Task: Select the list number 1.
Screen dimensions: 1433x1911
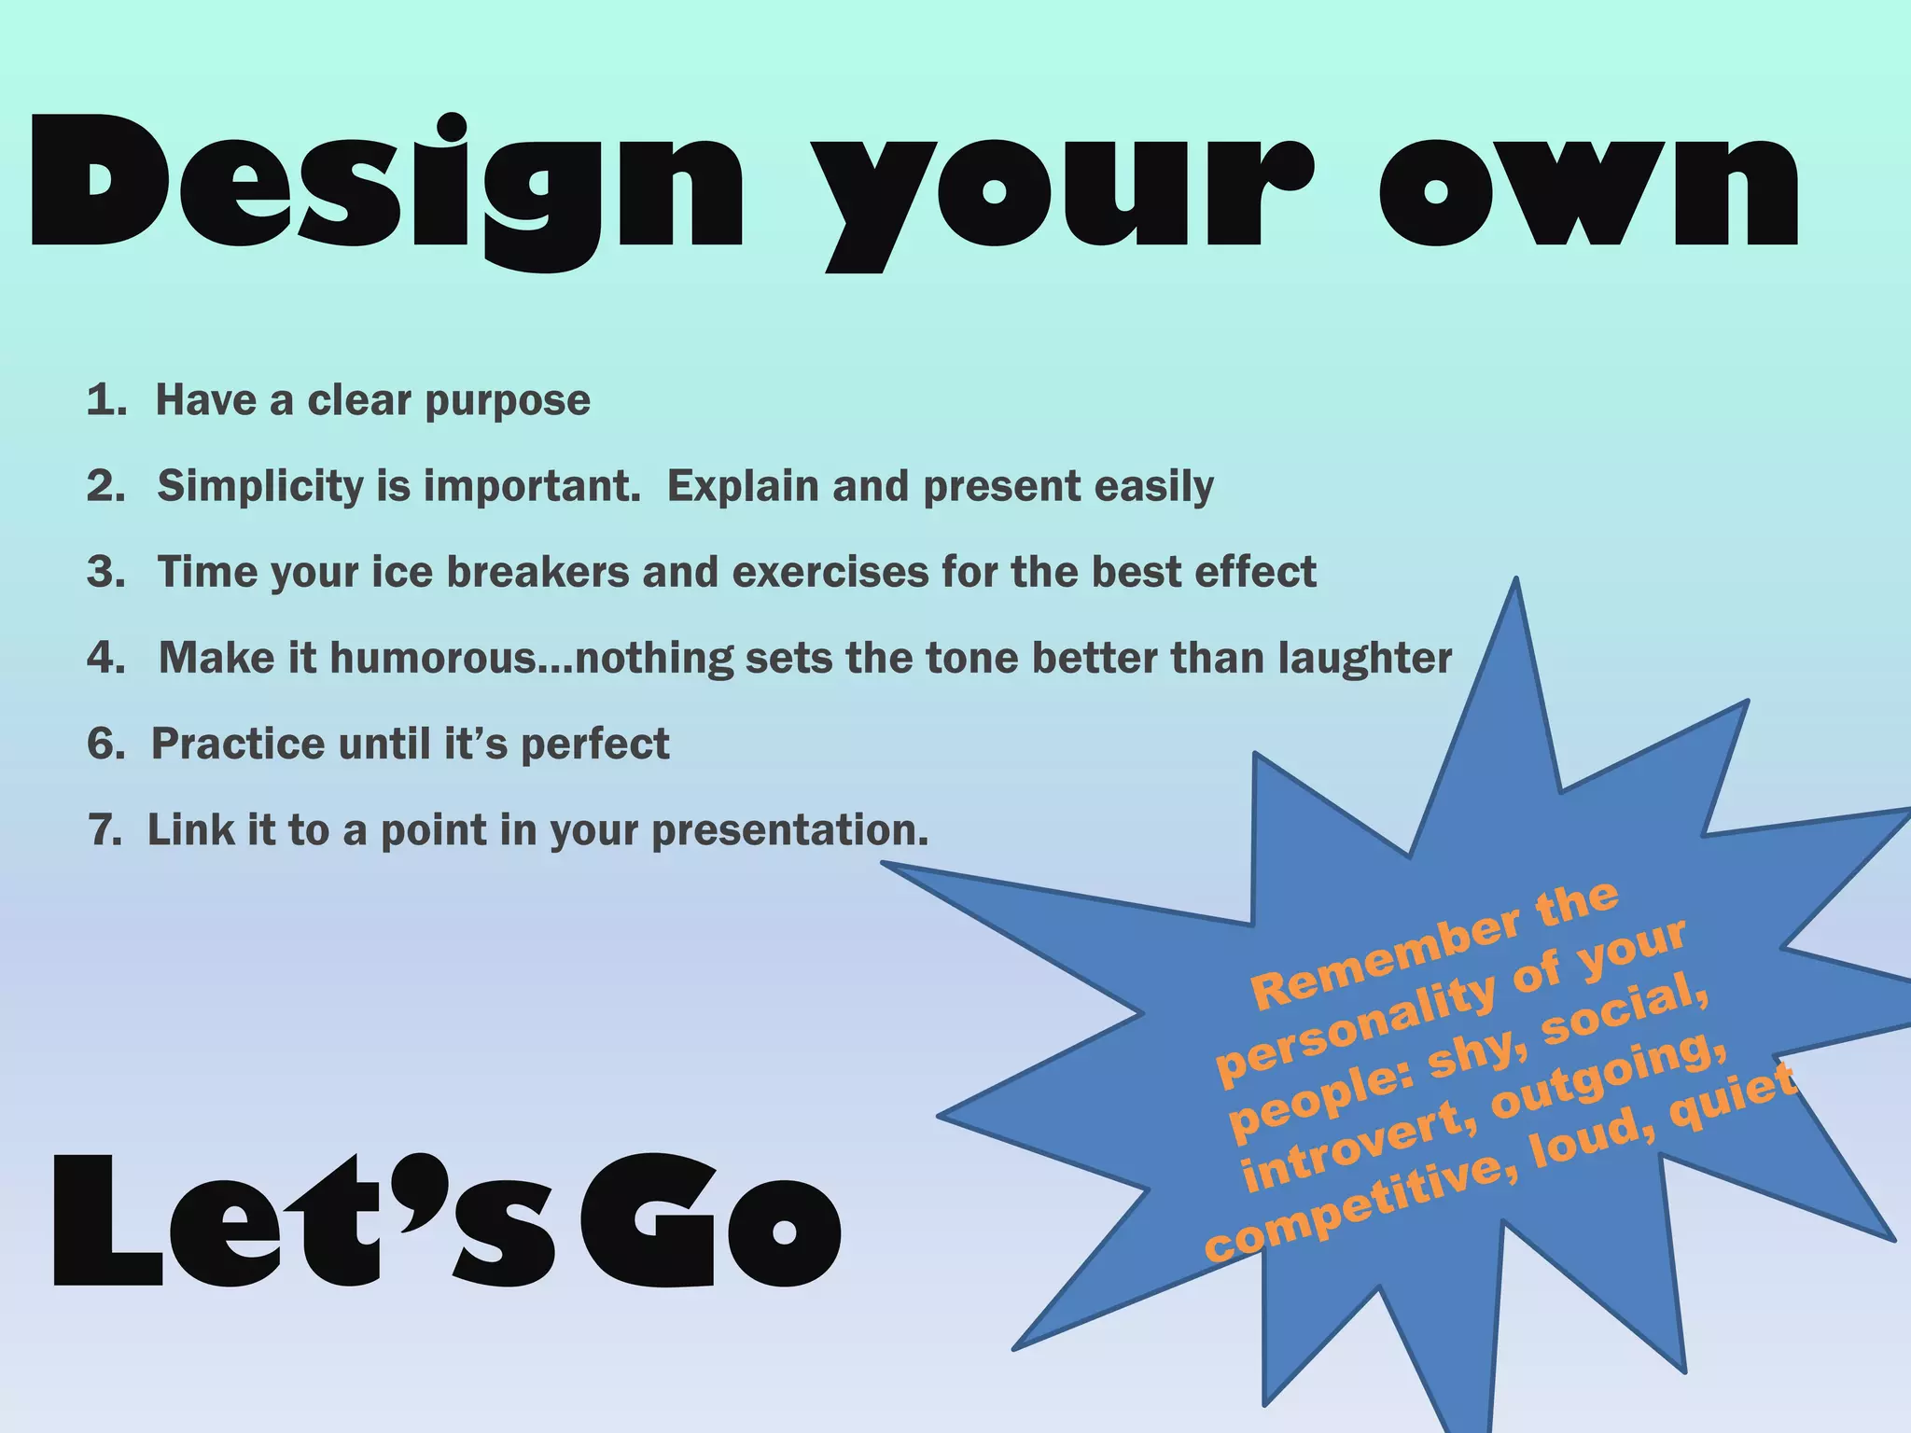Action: (105, 400)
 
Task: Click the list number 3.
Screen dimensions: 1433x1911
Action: (105, 572)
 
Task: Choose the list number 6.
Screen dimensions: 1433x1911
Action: (105, 744)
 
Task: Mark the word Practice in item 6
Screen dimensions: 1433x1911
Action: (238, 744)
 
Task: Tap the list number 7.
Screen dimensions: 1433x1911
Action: (105, 829)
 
